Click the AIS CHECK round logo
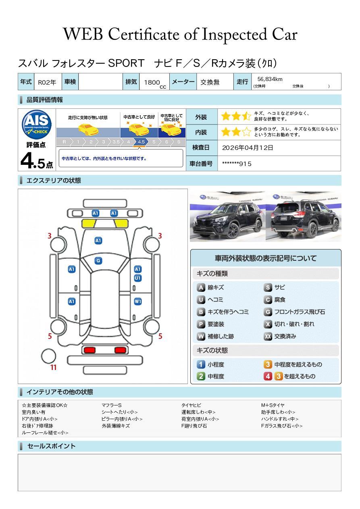pos(37,125)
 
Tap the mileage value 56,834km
pos(270,79)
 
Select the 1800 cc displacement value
pos(155,83)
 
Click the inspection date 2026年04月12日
pos(248,148)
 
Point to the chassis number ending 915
pos(237,164)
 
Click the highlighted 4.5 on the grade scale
pos(141,142)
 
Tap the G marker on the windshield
pos(98,261)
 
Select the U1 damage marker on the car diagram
pos(138,278)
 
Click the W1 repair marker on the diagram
pos(138,301)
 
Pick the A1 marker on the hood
pos(98,241)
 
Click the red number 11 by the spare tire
pos(53,367)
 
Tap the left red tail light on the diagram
pos(89,350)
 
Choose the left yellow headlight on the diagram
pos(89,224)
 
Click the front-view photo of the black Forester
pos(227,216)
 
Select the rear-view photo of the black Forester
pos(304,216)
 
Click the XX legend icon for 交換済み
pos(268,336)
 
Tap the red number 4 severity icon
pos(268,376)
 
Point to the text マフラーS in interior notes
pos(112,405)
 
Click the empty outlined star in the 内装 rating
pos(246,132)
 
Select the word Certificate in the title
pos(144,34)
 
